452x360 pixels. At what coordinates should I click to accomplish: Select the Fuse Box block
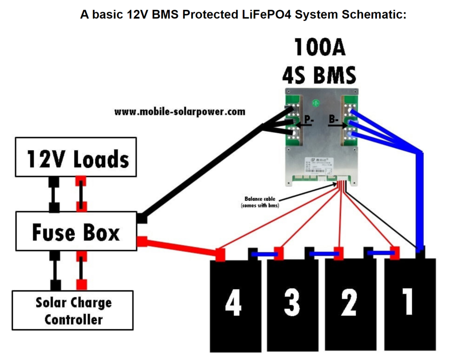(75, 232)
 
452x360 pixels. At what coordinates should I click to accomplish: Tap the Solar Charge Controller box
(73, 310)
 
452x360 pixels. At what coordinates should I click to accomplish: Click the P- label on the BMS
(309, 120)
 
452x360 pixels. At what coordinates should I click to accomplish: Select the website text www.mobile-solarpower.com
(179, 112)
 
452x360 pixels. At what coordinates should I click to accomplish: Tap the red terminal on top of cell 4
(221, 255)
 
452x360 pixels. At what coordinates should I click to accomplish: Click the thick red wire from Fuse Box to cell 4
(181, 248)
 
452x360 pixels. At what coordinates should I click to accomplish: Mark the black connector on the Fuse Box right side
(141, 218)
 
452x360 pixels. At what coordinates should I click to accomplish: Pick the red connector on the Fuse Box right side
(142, 242)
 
